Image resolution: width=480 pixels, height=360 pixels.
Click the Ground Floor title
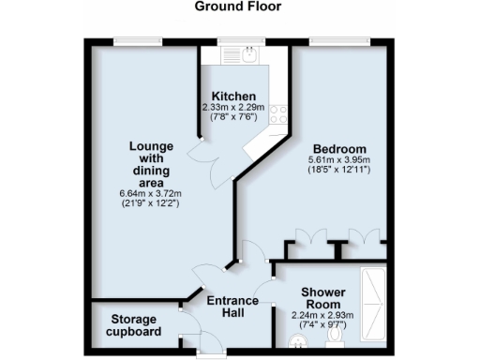240,7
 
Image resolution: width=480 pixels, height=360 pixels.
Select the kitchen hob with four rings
277,114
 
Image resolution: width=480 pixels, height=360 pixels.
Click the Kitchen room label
233,97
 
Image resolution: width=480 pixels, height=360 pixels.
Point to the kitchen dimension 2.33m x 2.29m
233,108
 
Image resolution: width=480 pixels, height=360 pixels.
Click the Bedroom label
339,149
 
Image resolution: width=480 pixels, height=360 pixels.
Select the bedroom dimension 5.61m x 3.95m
339,160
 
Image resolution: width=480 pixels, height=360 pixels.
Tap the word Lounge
149,146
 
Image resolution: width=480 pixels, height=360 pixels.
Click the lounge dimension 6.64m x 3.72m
149,193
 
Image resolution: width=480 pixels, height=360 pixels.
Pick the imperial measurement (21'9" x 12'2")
149,204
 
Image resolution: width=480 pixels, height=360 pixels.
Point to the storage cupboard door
188,330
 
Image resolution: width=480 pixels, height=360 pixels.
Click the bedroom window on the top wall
339,40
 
